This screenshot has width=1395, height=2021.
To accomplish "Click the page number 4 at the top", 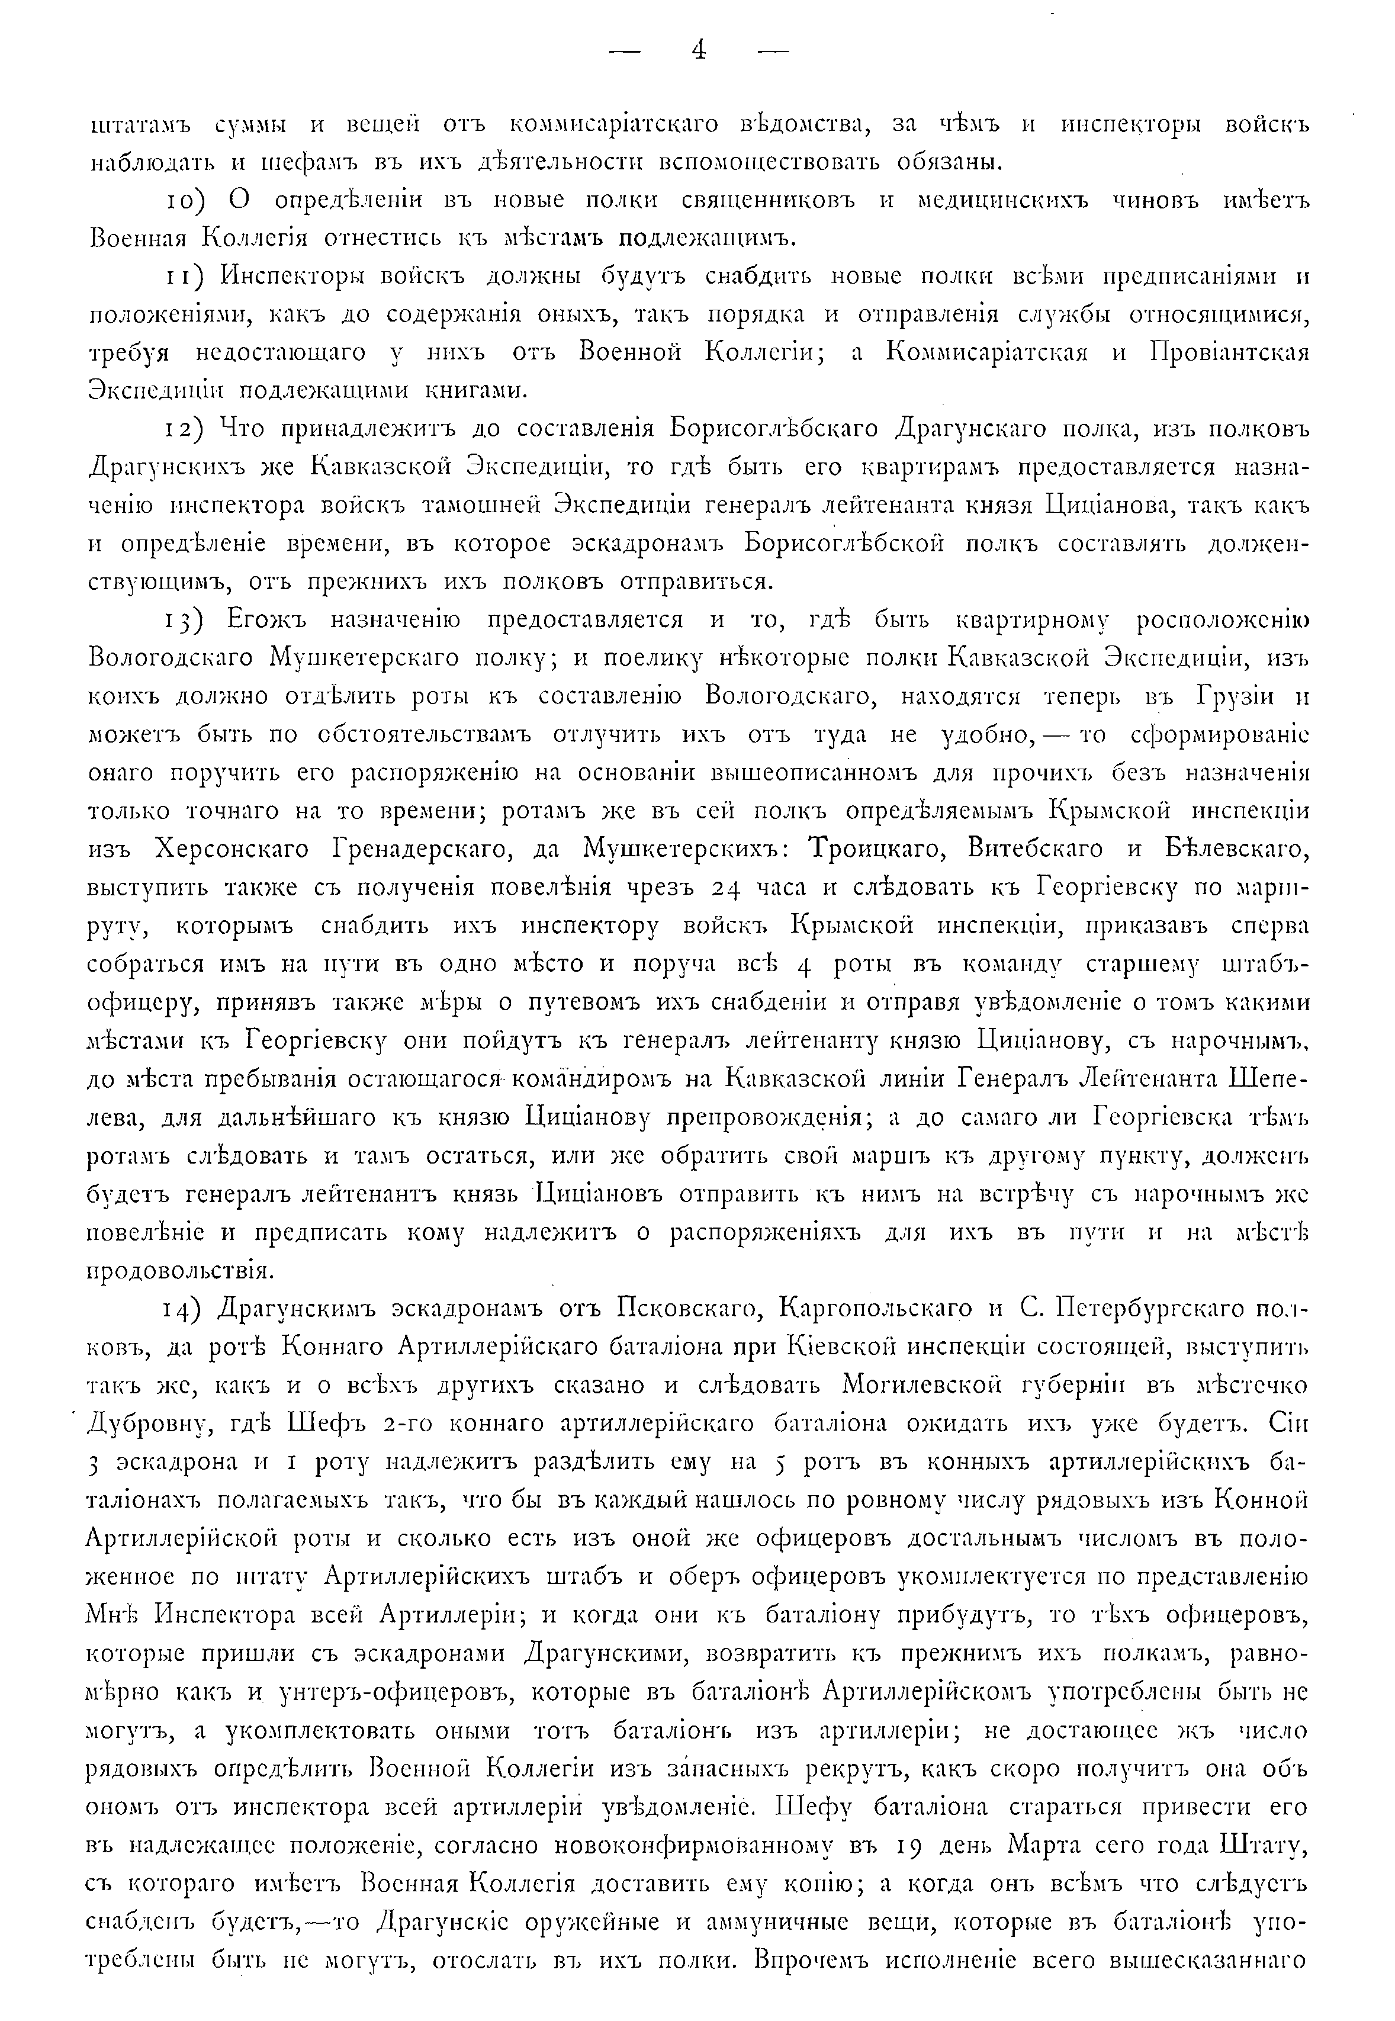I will (x=697, y=51).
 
